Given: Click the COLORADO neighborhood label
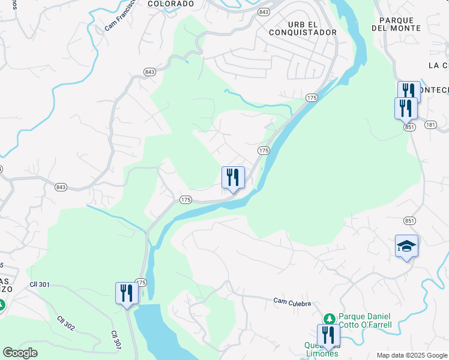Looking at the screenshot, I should [x=170, y=4].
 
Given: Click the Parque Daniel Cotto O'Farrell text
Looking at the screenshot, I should [x=365, y=320].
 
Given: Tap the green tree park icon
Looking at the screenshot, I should [x=329, y=319].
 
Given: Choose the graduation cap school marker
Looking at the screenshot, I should [x=406, y=246].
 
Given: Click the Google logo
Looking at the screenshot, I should [x=20, y=352].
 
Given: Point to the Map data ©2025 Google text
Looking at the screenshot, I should [x=412, y=355].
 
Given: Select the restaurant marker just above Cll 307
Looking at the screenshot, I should [x=127, y=293].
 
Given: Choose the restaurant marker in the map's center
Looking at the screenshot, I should [x=233, y=178].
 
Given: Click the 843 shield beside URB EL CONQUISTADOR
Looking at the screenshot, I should [x=264, y=12].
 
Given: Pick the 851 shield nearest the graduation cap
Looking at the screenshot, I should [x=408, y=220].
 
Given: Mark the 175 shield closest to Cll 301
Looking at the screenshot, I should [x=141, y=282].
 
